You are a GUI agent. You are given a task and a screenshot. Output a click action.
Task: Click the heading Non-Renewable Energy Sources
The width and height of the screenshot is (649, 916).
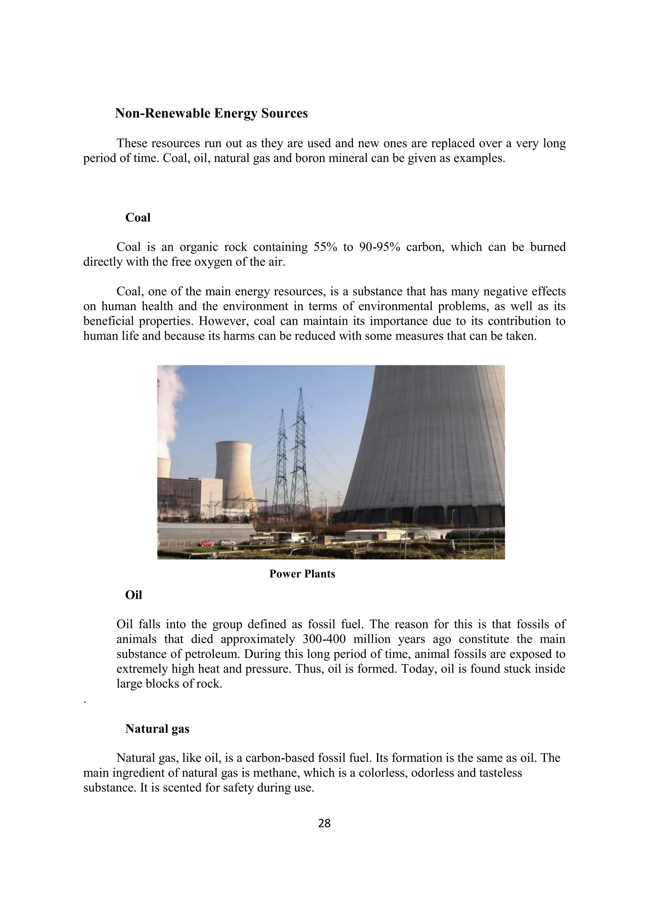[x=211, y=114]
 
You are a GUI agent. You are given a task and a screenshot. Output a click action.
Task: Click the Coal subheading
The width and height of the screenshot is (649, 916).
[x=138, y=218]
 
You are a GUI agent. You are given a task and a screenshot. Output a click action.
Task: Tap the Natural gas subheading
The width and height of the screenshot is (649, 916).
[x=157, y=729]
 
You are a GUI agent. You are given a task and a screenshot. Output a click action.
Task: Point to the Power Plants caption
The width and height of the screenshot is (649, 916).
[x=302, y=574]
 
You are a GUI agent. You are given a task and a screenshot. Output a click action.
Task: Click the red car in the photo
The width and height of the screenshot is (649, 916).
[x=206, y=542]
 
